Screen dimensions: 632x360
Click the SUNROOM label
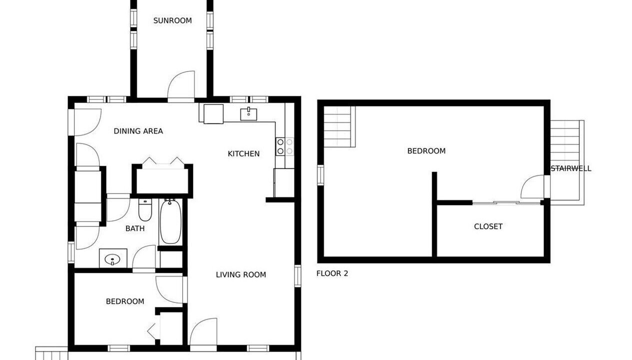pyautogui.click(x=172, y=20)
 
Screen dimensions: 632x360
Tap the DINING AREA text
pyautogui.click(x=138, y=131)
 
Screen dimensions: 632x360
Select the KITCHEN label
pyautogui.click(x=243, y=154)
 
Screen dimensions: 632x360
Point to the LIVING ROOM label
pyautogui.click(x=241, y=274)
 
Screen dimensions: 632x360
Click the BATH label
pyautogui.click(x=135, y=228)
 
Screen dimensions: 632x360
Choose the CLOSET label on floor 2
pyautogui.click(x=488, y=226)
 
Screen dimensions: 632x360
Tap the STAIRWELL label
pyautogui.click(x=571, y=168)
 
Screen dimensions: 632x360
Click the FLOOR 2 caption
pyautogui.click(x=332, y=273)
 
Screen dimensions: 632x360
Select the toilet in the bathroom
pyautogui.click(x=145, y=210)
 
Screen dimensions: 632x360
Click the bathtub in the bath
pyautogui.click(x=170, y=221)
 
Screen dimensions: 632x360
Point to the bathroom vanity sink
pyautogui.click(x=113, y=258)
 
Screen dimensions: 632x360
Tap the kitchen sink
pyautogui.click(x=248, y=113)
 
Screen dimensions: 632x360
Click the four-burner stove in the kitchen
pyautogui.click(x=285, y=146)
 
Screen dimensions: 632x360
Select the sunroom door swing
pyautogui.click(x=181, y=84)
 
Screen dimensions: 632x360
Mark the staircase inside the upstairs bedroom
pyautogui.click(x=339, y=126)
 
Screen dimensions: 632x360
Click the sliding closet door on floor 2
pyautogui.click(x=506, y=202)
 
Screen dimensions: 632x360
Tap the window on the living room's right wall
pyautogui.click(x=297, y=276)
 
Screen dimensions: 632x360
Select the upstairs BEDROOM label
pyautogui.click(x=426, y=151)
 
